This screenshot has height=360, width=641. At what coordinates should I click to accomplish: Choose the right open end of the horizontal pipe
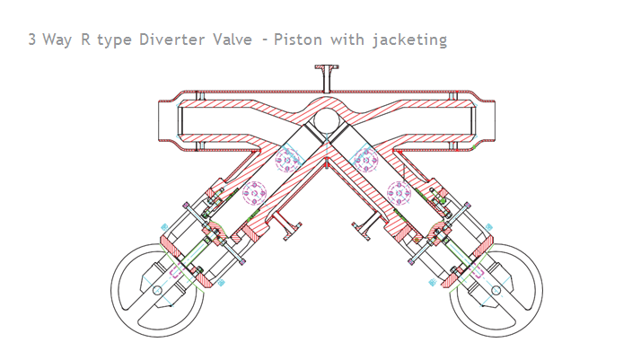click(485, 120)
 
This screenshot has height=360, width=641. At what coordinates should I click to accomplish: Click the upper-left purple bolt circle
click(287, 162)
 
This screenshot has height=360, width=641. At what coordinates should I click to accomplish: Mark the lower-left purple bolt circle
click(255, 193)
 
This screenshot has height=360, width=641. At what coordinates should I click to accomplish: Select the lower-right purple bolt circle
click(398, 193)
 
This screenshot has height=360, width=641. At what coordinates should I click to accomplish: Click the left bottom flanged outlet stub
click(285, 230)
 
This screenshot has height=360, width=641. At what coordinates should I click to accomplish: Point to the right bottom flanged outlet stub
click(364, 230)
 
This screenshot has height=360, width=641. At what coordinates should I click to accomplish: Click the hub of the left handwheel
click(157, 290)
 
